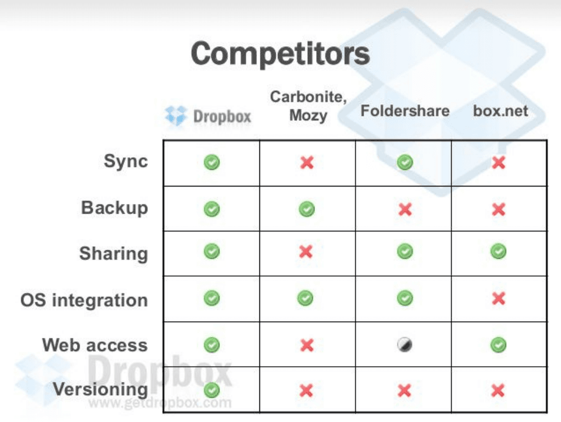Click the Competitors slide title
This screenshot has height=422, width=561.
280,54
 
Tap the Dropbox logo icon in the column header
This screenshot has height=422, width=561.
176,116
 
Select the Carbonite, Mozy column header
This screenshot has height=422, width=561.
308,106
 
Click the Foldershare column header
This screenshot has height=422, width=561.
405,110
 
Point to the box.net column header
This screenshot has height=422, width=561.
501,110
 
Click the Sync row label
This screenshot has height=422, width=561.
126,161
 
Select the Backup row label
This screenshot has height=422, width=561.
114,208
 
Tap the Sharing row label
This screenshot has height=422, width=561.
114,254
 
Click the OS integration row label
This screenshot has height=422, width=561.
84,300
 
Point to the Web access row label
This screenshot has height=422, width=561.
95,345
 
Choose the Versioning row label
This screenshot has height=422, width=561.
101,389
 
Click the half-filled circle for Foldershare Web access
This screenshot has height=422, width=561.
405,345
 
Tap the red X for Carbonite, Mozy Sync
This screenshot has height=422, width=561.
307,163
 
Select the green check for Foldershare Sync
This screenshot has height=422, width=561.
405,162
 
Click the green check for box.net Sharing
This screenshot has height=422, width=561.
499,251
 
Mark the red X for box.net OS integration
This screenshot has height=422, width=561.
499,298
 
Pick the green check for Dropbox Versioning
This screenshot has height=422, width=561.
212,390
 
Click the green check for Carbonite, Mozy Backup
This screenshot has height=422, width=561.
307,209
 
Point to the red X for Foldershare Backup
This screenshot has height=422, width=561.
405,209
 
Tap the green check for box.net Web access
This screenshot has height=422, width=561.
499,345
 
